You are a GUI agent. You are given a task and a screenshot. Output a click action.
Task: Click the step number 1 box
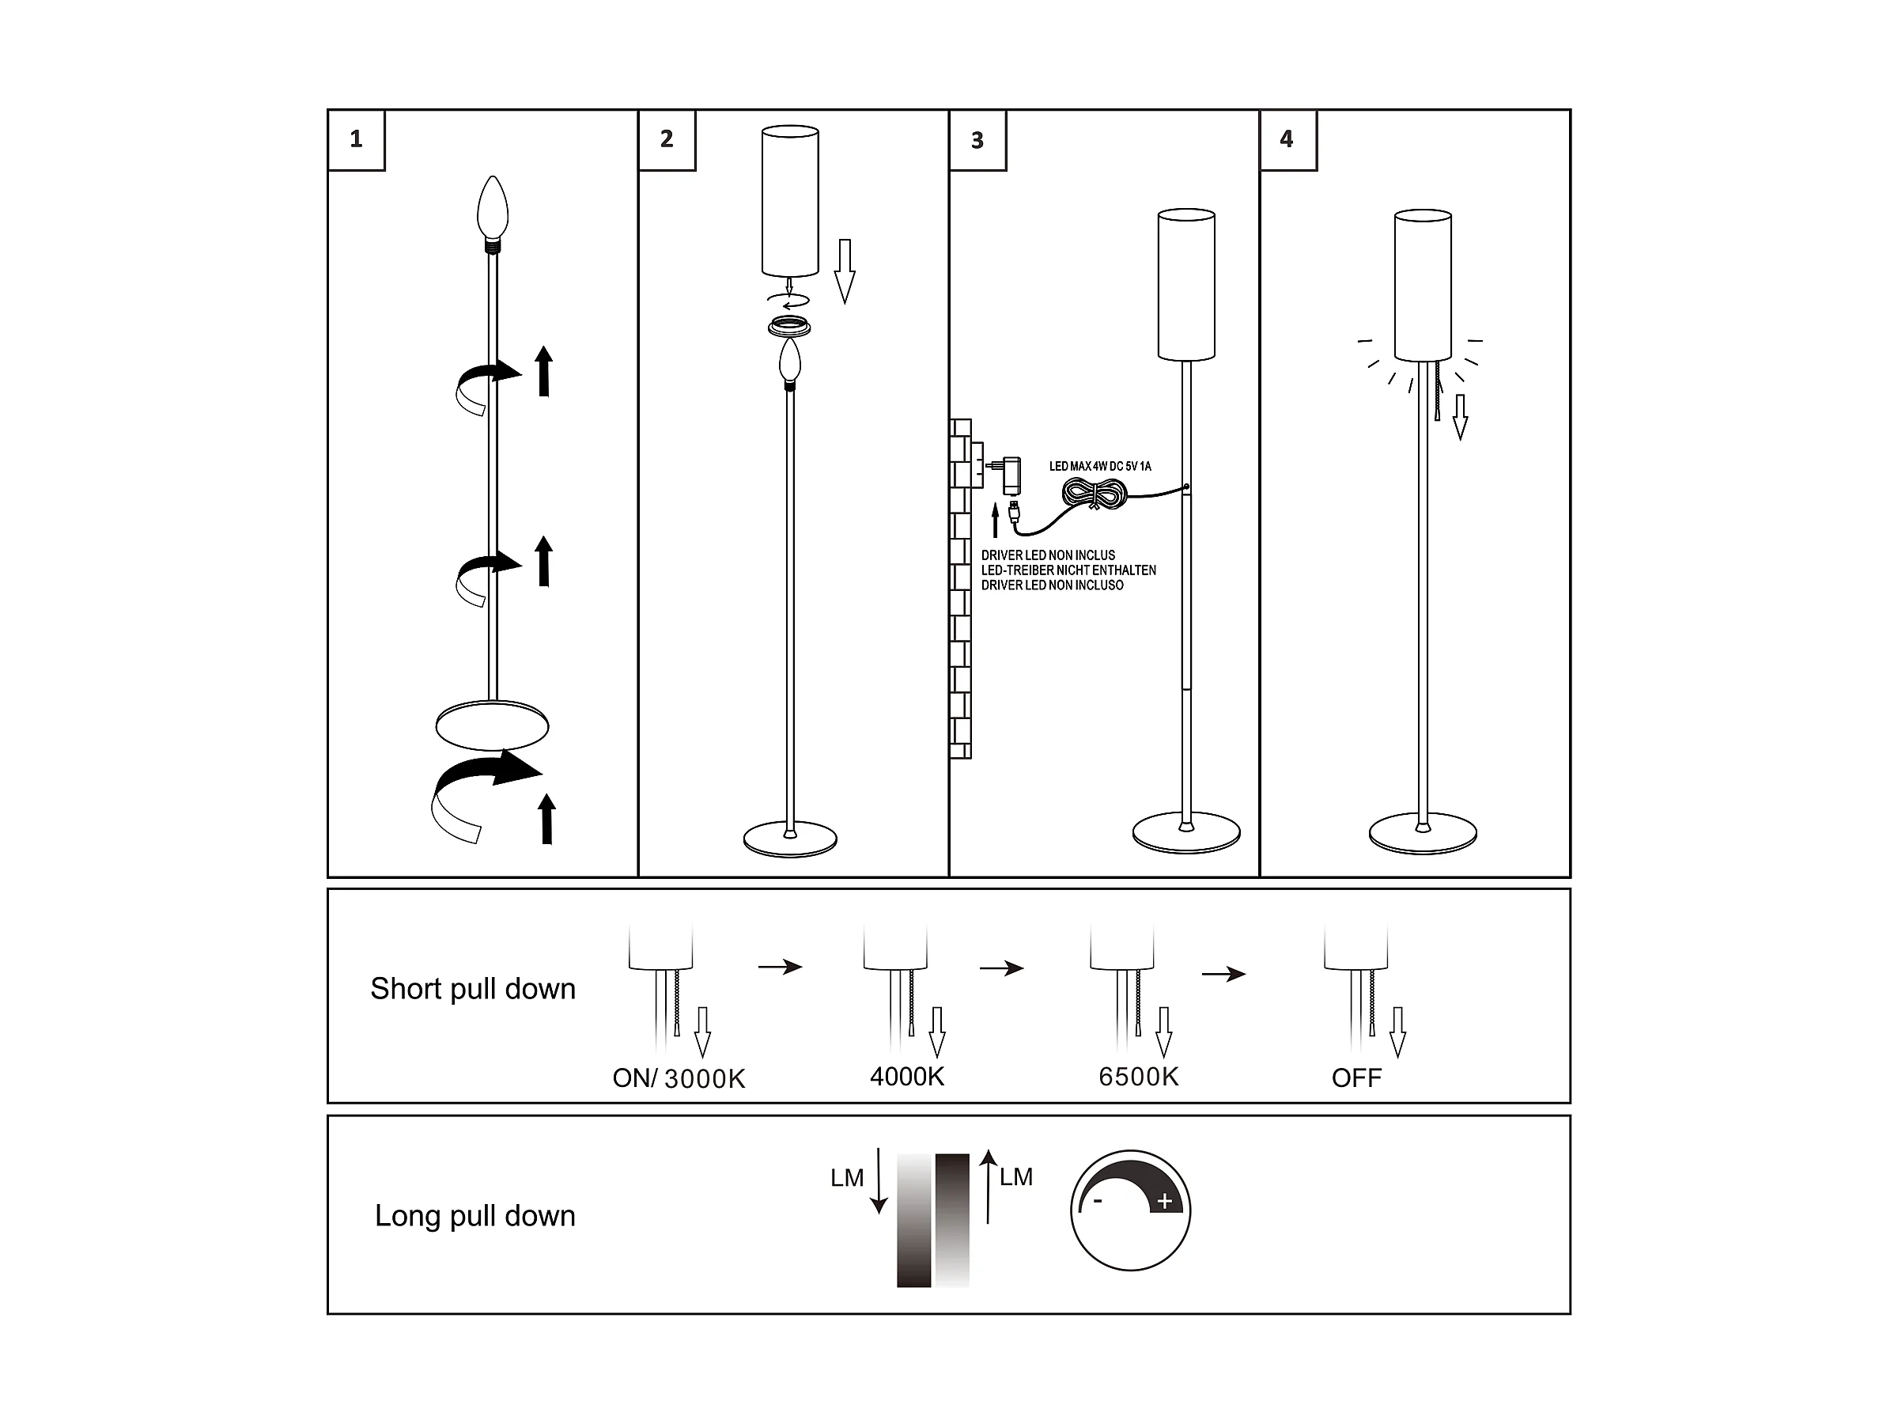coord(356,140)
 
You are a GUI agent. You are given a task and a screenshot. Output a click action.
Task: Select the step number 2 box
coord(667,140)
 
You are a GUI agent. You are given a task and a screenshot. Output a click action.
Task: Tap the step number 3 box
coord(977,140)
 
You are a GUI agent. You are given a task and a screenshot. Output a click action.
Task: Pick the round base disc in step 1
coord(492,726)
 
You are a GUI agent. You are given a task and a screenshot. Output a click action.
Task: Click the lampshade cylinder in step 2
coord(790,201)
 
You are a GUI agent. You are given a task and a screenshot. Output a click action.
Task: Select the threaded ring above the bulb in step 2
coord(789,327)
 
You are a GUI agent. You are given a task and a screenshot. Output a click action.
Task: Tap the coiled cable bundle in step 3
coord(1094,494)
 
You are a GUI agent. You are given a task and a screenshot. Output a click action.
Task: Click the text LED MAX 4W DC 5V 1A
coord(1100,466)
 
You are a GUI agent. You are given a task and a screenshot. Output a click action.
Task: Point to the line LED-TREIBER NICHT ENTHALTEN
coord(1068,570)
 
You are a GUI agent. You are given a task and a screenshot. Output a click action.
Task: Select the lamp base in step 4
coord(1423,834)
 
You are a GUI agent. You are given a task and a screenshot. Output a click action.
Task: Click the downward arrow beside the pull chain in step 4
coord(1461,417)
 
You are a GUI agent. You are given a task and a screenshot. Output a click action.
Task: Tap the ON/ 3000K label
coord(679,1078)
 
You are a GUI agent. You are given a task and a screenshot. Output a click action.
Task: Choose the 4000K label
coord(907,1077)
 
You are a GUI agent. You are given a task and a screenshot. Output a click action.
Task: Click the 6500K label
coord(1139,1077)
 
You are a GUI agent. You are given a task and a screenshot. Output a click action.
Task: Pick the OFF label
coord(1356,1078)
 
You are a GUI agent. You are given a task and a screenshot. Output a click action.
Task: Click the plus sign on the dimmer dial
coord(1164,1202)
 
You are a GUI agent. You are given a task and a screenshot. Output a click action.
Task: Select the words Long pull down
coord(475,1216)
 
